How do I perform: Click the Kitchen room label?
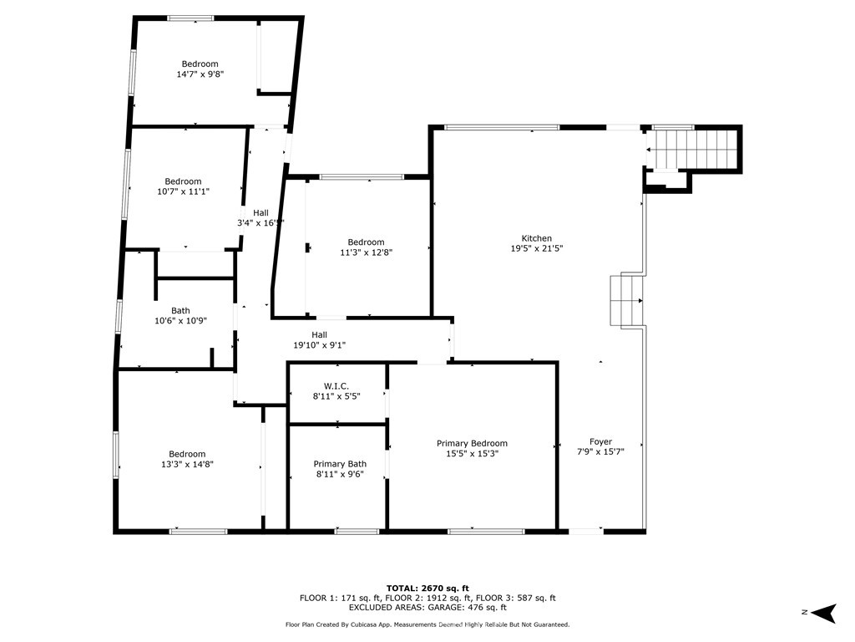537,238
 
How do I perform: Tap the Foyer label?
600,441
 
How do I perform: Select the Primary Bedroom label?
472,443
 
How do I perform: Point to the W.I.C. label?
336,386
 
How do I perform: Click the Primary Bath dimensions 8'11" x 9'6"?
340,475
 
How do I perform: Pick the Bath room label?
180,311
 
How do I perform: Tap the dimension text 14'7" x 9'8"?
200,74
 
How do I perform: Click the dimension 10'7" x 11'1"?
183,191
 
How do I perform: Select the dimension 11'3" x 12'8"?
366,252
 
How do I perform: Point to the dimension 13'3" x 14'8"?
187,464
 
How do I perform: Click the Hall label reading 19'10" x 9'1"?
320,345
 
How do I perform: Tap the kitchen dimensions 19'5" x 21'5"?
537,248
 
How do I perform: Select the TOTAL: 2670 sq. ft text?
427,588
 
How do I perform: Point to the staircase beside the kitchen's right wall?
627,301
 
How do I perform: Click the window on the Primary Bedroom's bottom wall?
487,531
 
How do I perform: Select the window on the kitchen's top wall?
502,128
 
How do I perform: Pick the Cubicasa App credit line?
427,624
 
